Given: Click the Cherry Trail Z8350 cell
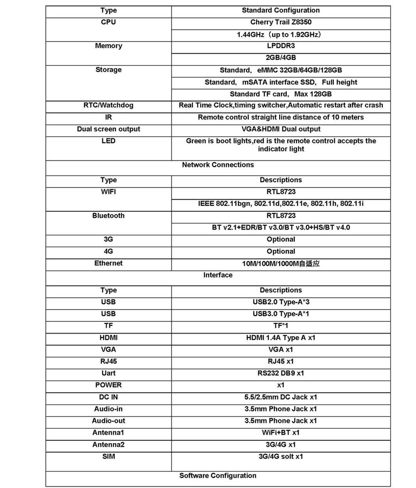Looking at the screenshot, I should coord(281,22).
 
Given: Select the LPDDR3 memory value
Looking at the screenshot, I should coord(281,46).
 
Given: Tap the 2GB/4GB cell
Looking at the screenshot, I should coord(281,58).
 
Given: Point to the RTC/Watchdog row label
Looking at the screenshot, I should coord(108,105).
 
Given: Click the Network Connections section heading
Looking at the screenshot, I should coord(218,165).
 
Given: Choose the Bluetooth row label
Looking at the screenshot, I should coord(108,216).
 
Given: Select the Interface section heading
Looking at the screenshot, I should coord(218,275).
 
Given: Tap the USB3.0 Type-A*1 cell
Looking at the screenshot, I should coord(281,314).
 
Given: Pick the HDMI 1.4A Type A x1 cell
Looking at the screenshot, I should coord(281,338).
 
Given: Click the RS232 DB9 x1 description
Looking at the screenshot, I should coord(281,373).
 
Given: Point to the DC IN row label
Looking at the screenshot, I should coord(108,397).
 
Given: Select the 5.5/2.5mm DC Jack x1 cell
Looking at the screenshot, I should coord(281,397).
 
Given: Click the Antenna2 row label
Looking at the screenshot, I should coord(108,445).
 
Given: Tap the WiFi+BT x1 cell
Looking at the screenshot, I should coord(281,433).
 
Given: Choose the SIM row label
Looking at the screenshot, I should coord(108,457).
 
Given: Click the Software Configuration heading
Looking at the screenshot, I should coord(218,476).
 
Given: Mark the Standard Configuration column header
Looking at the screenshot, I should coord(281,10).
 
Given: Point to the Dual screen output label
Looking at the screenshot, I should coord(108,129).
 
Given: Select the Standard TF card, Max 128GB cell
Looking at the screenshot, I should coord(281,94).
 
